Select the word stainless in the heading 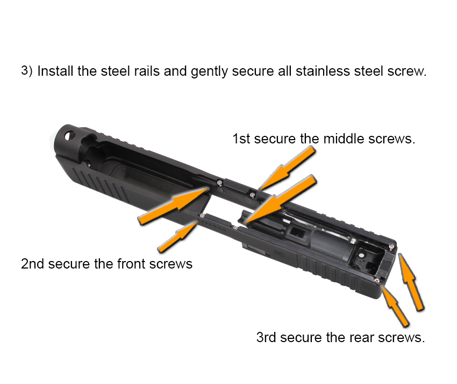323,71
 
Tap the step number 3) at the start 26,71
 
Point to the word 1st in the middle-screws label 241,139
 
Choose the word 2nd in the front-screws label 32,264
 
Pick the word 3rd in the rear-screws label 266,337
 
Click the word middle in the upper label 344,139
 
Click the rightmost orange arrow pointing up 411,281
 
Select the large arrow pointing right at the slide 174,206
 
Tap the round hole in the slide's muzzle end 70,136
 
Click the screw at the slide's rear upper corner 392,247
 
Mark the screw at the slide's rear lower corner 377,280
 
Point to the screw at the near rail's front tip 202,215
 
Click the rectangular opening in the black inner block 297,233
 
